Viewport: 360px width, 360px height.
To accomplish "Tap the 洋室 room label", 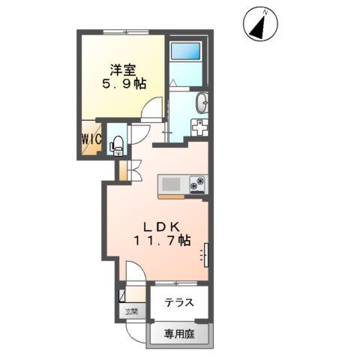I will coord(122,70).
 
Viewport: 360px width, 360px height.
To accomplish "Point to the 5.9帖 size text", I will coord(121,85).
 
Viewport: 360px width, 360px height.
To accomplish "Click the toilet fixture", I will coord(117,144).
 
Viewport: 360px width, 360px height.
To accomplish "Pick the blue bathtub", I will coord(184,52).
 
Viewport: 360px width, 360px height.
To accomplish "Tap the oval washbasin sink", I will coord(201,103).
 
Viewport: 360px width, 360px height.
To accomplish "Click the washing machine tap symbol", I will coord(201,128).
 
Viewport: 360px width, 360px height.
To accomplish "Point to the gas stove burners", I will coord(198,184).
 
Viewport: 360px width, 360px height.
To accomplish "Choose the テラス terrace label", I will coord(179,303).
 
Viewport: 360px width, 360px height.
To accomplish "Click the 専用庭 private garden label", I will coord(180,334).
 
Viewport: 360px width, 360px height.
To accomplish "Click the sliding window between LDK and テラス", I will coord(175,283).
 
